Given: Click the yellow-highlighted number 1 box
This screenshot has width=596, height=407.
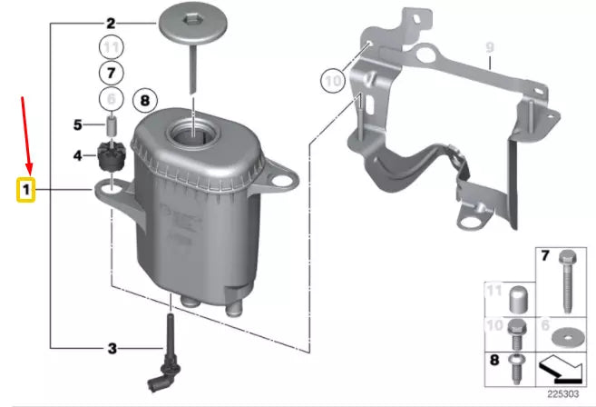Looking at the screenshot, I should (26, 191).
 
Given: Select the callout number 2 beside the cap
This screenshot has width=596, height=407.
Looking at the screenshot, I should (111, 23).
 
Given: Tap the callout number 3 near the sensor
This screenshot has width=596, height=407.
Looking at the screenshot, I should (112, 347).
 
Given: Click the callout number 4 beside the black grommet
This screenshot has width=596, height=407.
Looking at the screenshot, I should (78, 155).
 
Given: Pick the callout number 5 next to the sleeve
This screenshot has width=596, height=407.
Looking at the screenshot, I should (78, 124).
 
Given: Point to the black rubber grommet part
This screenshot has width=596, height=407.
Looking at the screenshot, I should (111, 155).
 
